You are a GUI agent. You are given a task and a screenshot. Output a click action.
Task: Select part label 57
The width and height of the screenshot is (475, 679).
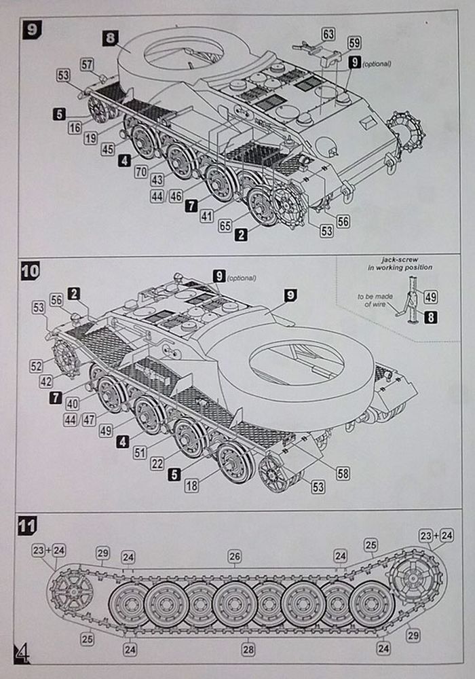(x=87, y=65)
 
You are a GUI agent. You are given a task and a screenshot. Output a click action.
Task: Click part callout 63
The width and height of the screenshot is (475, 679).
(x=328, y=34)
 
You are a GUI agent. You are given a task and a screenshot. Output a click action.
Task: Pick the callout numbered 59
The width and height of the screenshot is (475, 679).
(x=354, y=43)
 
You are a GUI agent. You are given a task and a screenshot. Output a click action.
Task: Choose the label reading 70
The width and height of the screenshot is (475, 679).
(x=140, y=172)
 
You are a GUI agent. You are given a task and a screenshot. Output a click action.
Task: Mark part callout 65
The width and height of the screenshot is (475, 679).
(x=225, y=225)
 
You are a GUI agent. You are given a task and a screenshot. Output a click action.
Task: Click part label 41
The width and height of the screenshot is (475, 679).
(x=207, y=215)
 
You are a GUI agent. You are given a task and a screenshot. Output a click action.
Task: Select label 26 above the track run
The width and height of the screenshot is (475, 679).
(x=234, y=557)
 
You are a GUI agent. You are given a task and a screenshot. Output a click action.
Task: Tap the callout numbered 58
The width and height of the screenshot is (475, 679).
(x=343, y=474)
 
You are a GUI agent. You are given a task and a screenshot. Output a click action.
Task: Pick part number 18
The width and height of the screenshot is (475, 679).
(x=192, y=485)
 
